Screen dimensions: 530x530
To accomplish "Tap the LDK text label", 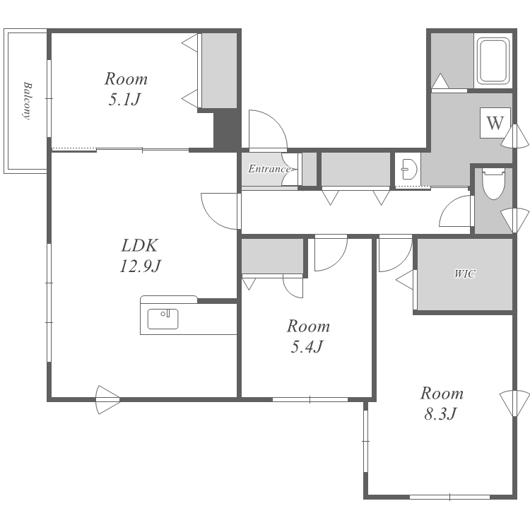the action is (x=139, y=246).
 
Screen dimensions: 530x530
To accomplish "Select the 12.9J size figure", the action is (x=140, y=266).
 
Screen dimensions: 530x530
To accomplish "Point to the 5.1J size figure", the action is (x=124, y=99).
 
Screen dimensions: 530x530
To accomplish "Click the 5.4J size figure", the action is (x=307, y=346).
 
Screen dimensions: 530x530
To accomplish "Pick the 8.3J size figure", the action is (x=441, y=413).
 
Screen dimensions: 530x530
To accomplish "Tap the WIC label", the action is (x=465, y=273).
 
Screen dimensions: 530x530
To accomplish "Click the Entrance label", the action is (x=269, y=169).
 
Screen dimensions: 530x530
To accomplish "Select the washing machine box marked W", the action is (x=495, y=123).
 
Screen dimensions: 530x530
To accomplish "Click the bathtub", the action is (x=493, y=61).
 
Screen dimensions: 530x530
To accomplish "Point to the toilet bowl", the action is (x=493, y=184).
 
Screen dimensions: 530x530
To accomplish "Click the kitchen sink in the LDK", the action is (x=163, y=319).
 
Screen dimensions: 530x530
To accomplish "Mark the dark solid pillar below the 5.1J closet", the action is (x=226, y=130).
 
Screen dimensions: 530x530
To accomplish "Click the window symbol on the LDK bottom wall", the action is (x=108, y=400).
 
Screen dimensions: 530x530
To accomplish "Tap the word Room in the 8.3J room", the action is (x=442, y=394).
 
